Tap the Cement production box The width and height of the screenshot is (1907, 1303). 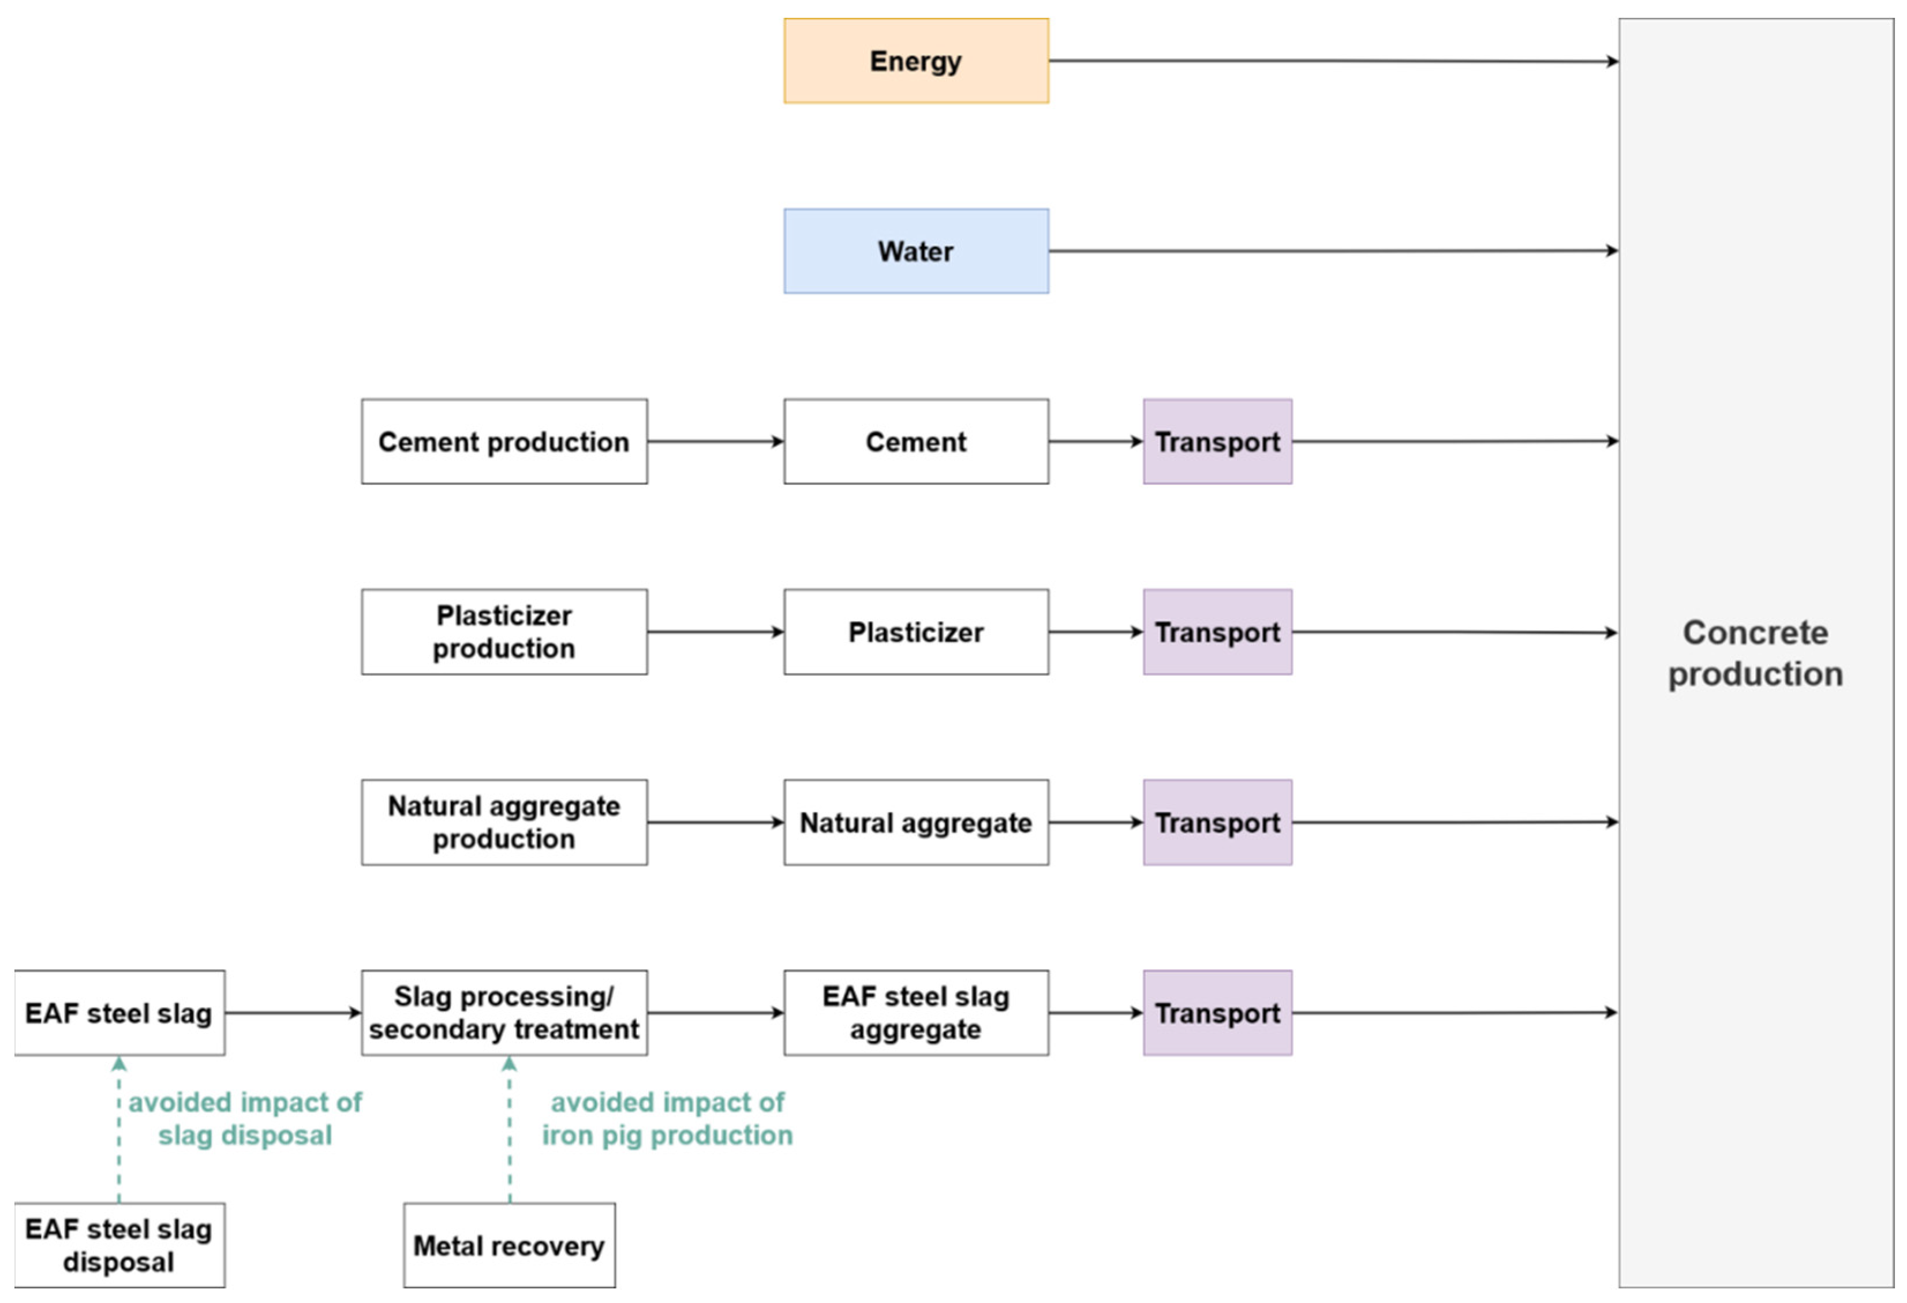[x=504, y=442]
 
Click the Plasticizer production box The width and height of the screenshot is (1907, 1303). [x=504, y=632]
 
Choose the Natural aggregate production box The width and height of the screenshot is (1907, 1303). [x=504, y=822]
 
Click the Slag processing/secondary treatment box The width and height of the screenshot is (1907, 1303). [x=504, y=1013]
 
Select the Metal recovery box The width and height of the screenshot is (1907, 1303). [x=508, y=1246]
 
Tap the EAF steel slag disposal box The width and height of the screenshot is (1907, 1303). [x=119, y=1246]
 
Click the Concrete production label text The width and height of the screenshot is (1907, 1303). [x=1755, y=653]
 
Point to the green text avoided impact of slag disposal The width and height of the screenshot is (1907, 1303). [x=245, y=1118]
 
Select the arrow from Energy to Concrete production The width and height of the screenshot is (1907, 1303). [x=1329, y=61]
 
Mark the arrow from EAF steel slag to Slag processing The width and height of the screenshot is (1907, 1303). [x=292, y=1013]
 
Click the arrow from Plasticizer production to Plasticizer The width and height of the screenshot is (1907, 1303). [x=714, y=632]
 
